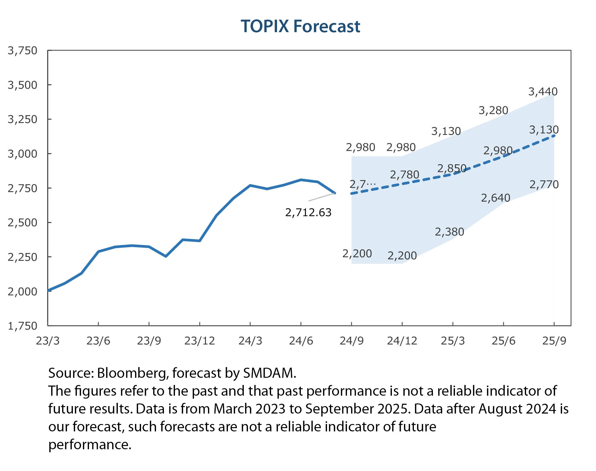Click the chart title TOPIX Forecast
click(x=300, y=26)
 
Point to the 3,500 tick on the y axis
click(x=23, y=85)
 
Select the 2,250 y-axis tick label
click(x=23, y=257)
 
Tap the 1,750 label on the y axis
click(x=23, y=326)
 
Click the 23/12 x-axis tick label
click(x=199, y=341)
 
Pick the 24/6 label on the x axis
click(x=301, y=341)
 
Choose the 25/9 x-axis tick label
click(x=554, y=341)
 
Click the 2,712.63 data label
click(x=308, y=213)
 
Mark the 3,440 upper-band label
click(x=543, y=92)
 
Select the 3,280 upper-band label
click(x=493, y=110)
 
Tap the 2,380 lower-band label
click(x=449, y=232)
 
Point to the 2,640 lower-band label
click(x=495, y=198)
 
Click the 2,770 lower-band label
click(x=544, y=185)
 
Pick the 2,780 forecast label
click(x=404, y=175)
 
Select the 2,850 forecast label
click(x=451, y=169)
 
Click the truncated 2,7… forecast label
click(x=362, y=184)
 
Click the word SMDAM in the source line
click(x=269, y=373)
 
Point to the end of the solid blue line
click(x=335, y=193)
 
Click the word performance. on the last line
click(x=90, y=445)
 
